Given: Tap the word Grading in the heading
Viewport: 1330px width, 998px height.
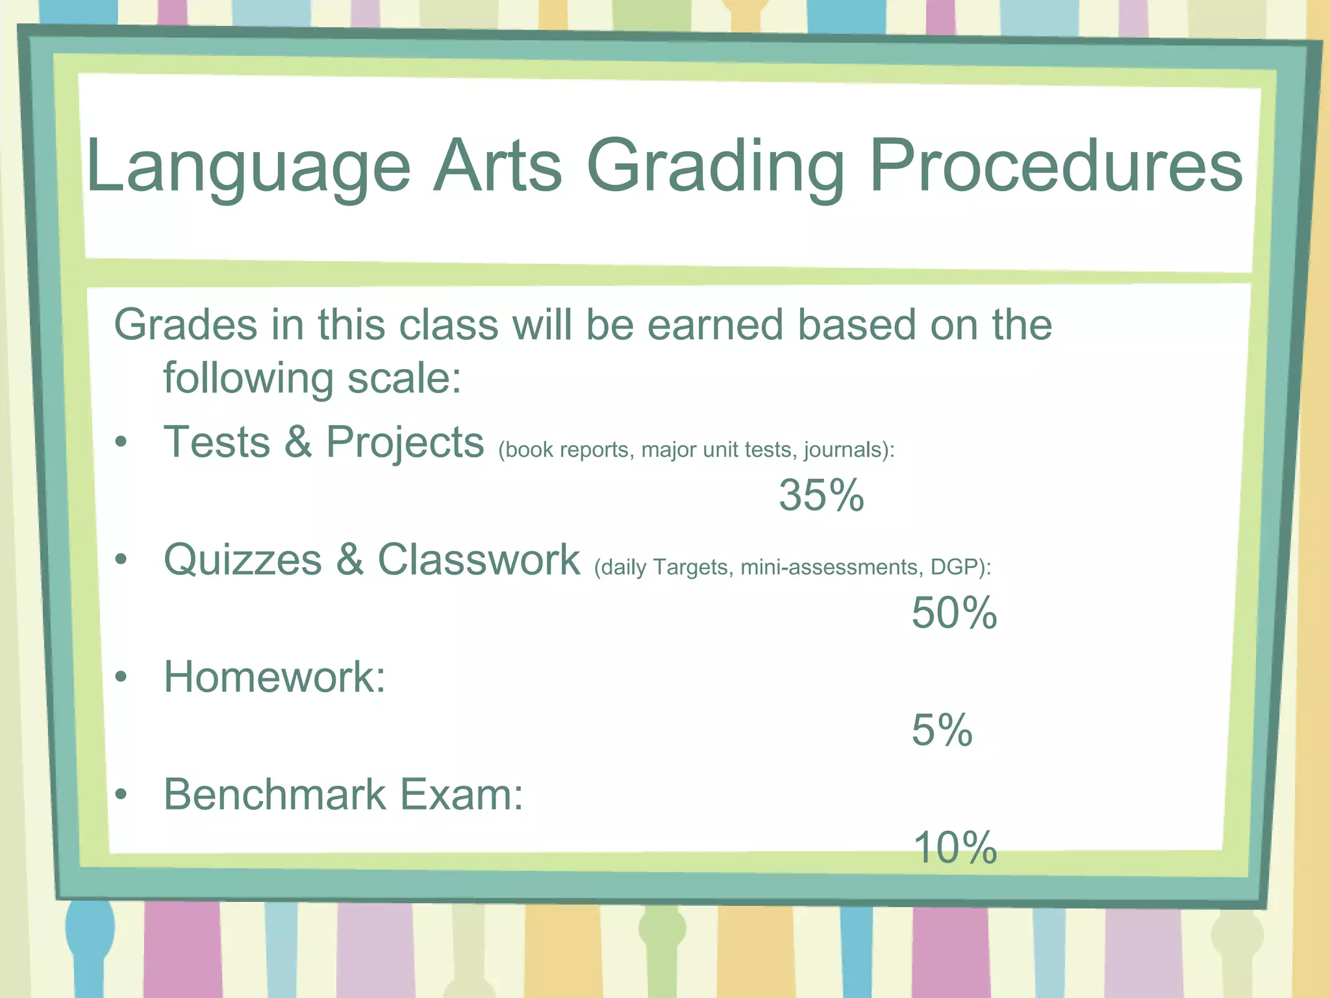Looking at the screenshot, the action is [x=715, y=167].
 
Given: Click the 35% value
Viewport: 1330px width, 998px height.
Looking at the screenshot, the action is [x=822, y=496].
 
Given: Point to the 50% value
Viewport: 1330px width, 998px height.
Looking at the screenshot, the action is [x=954, y=613].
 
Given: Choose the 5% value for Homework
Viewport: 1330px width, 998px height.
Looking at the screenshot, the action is [x=942, y=730].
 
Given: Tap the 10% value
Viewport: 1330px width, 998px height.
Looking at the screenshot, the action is [x=954, y=848].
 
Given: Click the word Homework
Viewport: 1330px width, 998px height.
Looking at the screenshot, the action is [x=274, y=677].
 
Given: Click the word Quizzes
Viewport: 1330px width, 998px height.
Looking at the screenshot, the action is [x=242, y=560].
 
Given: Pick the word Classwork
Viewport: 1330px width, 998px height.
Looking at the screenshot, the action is [x=479, y=559].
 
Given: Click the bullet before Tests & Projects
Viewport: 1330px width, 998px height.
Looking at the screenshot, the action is [x=121, y=442].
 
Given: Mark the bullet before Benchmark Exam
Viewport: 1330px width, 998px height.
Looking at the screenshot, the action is [x=121, y=794].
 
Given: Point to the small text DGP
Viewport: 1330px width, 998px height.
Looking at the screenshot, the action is [x=954, y=567].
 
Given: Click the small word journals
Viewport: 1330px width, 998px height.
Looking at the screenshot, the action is [x=844, y=450].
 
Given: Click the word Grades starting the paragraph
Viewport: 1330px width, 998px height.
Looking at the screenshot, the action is [x=185, y=324].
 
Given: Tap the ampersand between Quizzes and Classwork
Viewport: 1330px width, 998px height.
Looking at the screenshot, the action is [x=349, y=559].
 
